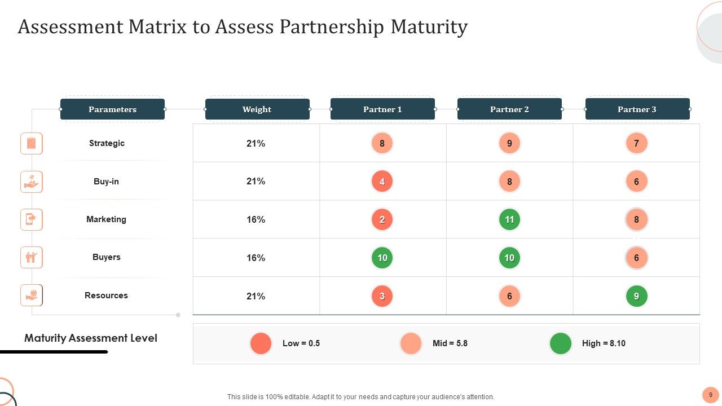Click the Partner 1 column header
click(382, 109)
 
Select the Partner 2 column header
click(509, 109)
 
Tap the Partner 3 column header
click(637, 109)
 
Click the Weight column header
click(257, 109)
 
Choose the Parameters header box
click(112, 109)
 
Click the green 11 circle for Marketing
click(509, 219)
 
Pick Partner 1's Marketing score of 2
click(382, 219)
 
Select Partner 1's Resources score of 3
click(382, 296)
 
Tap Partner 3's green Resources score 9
click(636, 296)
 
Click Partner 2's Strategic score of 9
click(509, 143)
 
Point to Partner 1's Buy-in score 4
click(382, 182)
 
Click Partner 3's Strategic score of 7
click(636, 143)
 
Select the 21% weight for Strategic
click(256, 143)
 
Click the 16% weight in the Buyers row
click(256, 258)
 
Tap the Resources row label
click(106, 295)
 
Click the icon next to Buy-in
click(32, 182)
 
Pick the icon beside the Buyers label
click(32, 258)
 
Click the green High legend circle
click(561, 343)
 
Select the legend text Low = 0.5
click(301, 343)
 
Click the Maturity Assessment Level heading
click(91, 338)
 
